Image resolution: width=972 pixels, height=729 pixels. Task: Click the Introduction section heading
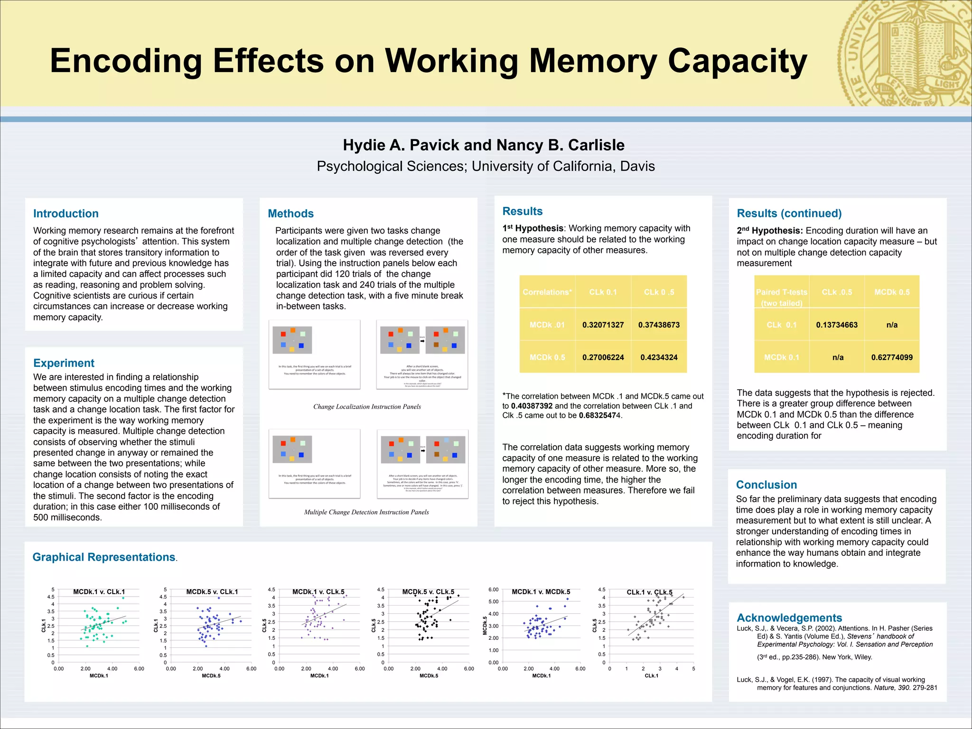pos(66,214)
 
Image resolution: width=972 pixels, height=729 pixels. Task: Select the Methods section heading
pos(290,214)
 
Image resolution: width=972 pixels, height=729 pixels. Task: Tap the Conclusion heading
pos(766,485)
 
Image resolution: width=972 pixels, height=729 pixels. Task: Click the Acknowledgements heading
pos(789,617)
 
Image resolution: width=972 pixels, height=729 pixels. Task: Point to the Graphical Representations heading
pos(103,557)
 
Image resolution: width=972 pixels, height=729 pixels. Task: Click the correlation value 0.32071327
pos(603,325)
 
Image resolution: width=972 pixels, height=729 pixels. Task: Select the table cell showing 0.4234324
pos(659,357)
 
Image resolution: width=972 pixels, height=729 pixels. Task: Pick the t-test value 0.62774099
pos(891,357)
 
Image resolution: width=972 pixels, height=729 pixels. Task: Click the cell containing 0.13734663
pos(836,325)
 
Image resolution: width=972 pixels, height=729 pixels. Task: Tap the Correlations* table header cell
pos(547,292)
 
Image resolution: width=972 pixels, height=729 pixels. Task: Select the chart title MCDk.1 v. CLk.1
pos(99,592)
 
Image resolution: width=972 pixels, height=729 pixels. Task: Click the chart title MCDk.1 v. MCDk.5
pos(541,592)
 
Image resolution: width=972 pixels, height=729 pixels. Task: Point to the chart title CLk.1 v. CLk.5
pos(649,592)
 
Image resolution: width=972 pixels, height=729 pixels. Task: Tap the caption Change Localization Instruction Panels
pos(367,407)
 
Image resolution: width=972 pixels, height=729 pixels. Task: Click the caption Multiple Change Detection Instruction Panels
pos(366,512)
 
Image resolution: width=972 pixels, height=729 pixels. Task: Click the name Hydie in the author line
pos(364,145)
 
